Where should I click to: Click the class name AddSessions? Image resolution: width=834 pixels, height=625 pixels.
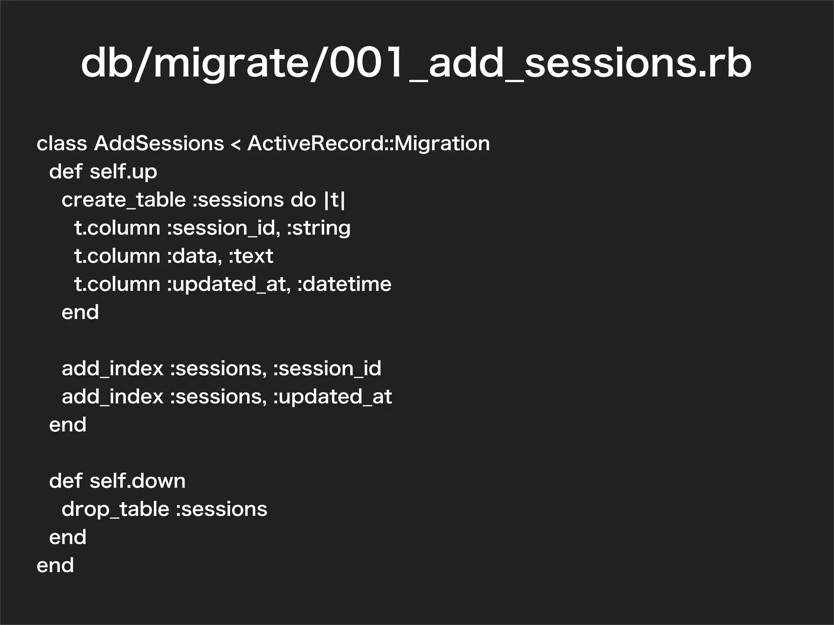click(x=159, y=144)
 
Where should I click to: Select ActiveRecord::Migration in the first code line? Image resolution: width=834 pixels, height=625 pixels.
click(x=369, y=144)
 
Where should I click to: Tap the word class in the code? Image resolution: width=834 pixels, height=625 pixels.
click(x=61, y=144)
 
